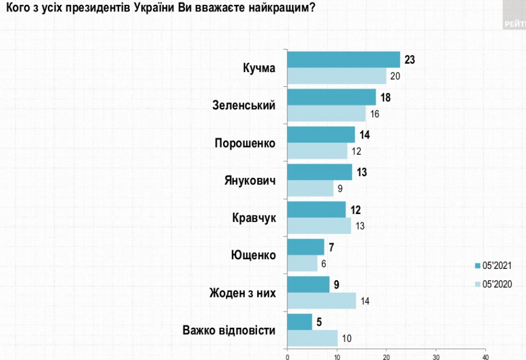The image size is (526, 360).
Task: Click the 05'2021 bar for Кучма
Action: (343, 59)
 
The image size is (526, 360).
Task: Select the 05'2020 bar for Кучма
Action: (336, 76)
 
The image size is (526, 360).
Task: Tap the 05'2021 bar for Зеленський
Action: (331, 97)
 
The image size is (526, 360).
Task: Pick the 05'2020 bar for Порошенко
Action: (317, 151)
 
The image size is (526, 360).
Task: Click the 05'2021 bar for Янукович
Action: (319, 172)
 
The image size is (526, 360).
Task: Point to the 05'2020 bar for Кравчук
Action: (319, 226)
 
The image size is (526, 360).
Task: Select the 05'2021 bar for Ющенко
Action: (306, 247)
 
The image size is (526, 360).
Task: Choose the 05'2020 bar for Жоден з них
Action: (321, 301)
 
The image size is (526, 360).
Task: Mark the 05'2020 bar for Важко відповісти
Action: (312, 338)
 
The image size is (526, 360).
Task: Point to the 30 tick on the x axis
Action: (436, 356)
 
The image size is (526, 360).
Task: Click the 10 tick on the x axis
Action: (337, 356)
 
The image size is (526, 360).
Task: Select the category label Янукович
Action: (250, 180)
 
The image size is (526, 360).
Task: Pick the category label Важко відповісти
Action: (229, 330)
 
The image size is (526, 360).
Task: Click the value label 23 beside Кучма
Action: (410, 59)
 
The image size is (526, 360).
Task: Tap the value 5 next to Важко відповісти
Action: (319, 322)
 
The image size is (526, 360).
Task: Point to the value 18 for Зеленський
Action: (385, 97)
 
